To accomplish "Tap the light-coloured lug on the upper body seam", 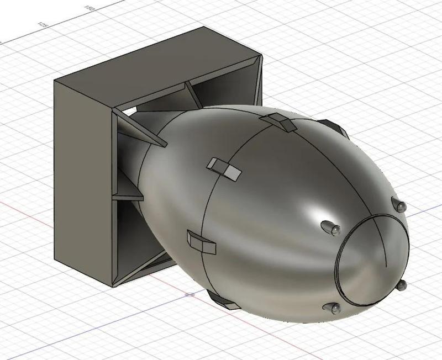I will click(x=224, y=168).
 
